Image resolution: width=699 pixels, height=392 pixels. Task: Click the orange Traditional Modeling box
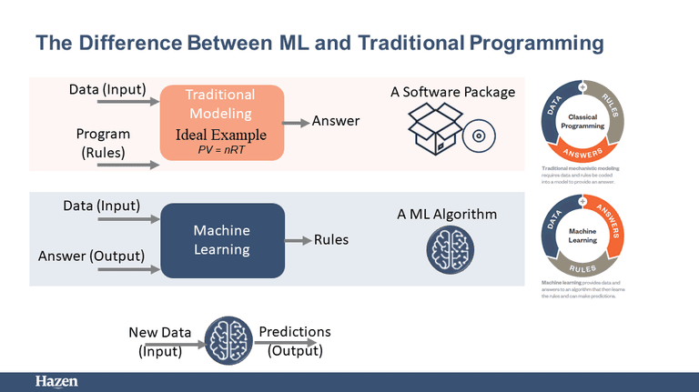[222, 121]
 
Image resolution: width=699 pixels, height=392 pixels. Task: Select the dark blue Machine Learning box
[222, 240]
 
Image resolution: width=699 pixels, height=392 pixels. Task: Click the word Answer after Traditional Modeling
[336, 121]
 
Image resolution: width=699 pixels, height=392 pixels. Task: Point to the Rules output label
[331, 240]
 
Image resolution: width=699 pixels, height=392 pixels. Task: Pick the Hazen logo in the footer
[56, 382]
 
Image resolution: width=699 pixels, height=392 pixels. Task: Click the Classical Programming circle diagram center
[582, 122]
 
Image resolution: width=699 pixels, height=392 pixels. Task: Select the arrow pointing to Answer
[296, 121]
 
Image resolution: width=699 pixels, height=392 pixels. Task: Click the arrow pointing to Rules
[298, 240]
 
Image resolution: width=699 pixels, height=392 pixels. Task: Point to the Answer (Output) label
[91, 256]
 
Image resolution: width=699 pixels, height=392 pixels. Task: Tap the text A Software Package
[452, 92]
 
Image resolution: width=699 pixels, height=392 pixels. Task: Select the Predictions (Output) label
[295, 340]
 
